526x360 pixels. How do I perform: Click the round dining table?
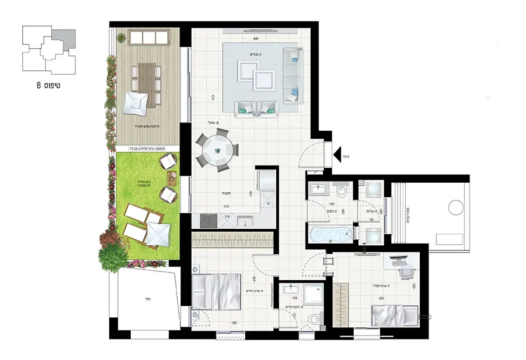point(218,149)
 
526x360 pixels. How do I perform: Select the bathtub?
point(329,234)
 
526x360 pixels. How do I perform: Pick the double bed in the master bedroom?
point(216,291)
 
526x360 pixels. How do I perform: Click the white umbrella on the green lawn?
point(159,233)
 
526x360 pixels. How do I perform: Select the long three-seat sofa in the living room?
point(292,75)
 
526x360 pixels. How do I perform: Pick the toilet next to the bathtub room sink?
point(342,192)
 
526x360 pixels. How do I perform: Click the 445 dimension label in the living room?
point(255,39)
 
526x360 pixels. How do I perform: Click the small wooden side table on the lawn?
point(172,178)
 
